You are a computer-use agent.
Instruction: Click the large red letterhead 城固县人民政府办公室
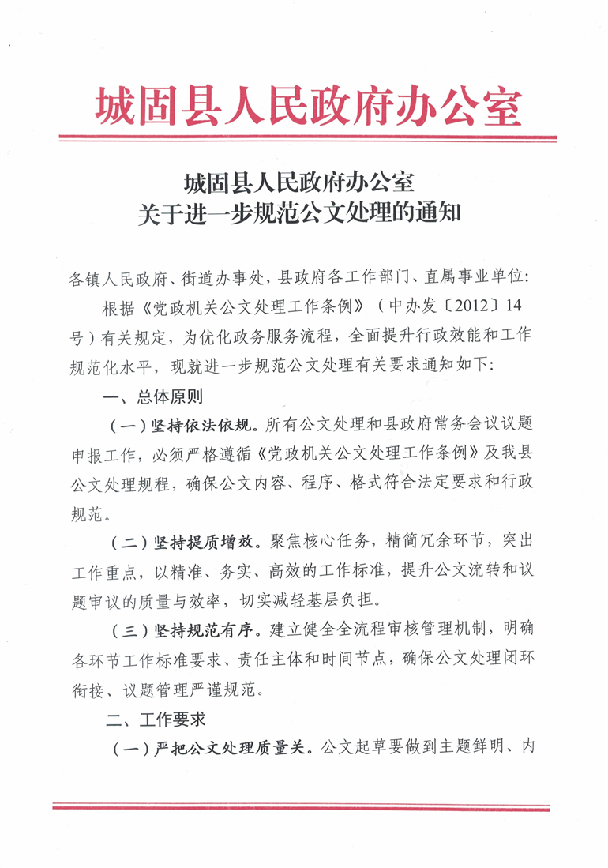click(x=308, y=106)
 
